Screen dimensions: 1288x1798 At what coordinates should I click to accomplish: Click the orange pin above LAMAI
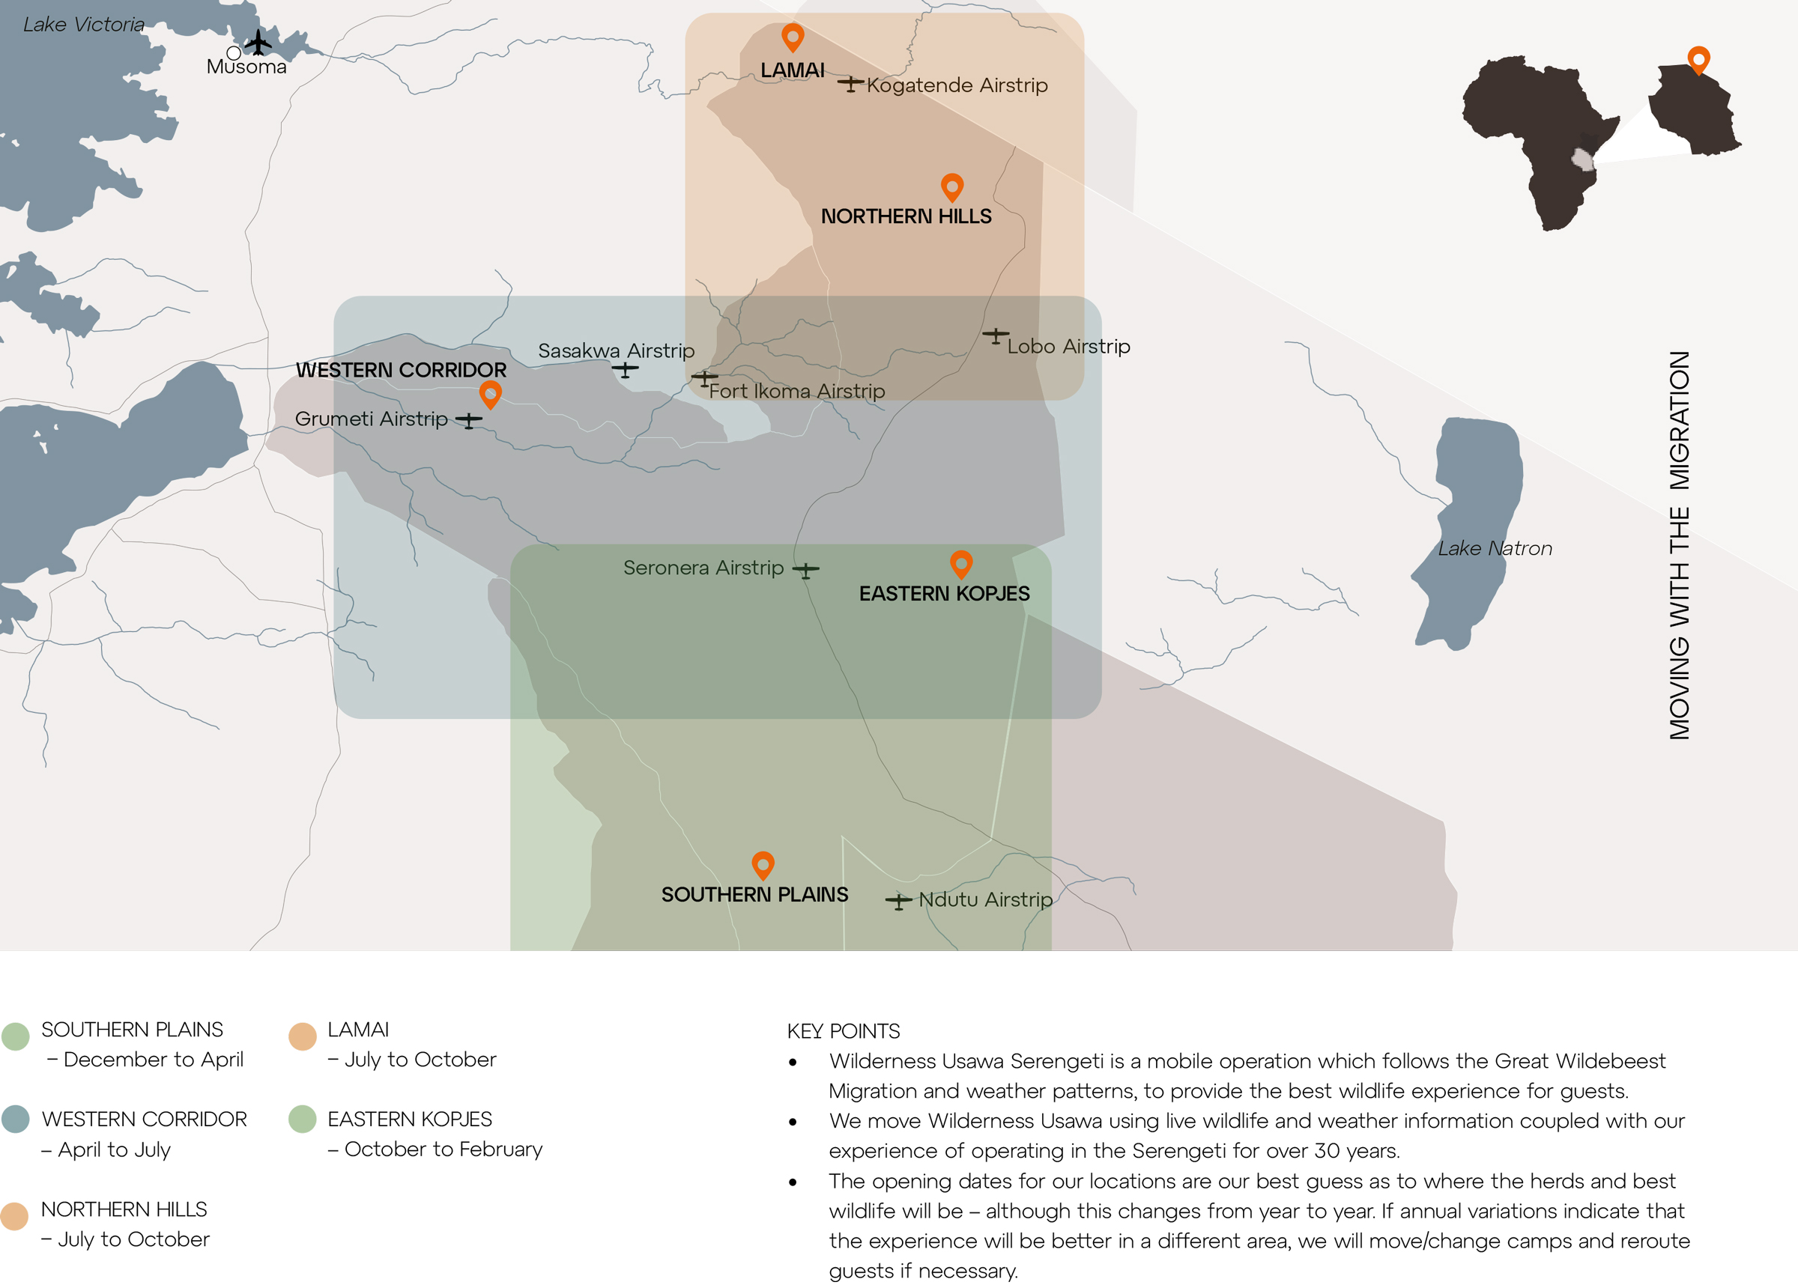(x=792, y=37)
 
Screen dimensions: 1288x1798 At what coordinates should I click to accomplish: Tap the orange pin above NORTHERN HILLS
(x=951, y=186)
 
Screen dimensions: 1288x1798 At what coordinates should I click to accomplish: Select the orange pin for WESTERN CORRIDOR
(x=490, y=393)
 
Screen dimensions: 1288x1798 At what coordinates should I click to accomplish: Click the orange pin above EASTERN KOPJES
(x=961, y=564)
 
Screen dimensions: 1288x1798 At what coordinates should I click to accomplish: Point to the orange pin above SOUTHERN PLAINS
(x=763, y=865)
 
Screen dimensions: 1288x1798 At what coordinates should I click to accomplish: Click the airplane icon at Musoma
(x=258, y=42)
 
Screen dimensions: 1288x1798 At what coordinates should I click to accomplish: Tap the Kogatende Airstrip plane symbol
(x=850, y=83)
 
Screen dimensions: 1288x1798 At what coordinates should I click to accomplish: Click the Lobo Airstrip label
(x=1068, y=347)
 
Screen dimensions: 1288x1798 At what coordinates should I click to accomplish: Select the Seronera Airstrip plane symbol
(x=805, y=570)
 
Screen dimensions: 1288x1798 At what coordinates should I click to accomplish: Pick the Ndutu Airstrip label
(x=984, y=899)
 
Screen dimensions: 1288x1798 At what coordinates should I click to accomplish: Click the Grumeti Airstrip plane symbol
(x=468, y=420)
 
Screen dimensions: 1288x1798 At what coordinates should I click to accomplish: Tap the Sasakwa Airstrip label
(x=616, y=350)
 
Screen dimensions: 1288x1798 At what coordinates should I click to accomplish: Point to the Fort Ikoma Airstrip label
(x=796, y=391)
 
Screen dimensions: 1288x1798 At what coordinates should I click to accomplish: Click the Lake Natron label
(x=1495, y=547)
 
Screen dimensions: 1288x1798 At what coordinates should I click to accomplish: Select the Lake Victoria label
(x=83, y=25)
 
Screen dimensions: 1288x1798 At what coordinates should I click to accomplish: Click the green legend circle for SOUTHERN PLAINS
(x=15, y=1036)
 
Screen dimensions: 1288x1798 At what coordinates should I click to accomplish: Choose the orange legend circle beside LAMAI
(x=302, y=1036)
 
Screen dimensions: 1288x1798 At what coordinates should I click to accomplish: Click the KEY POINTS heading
(x=843, y=1031)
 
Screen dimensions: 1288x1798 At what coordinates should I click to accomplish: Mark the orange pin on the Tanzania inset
(x=1698, y=58)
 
